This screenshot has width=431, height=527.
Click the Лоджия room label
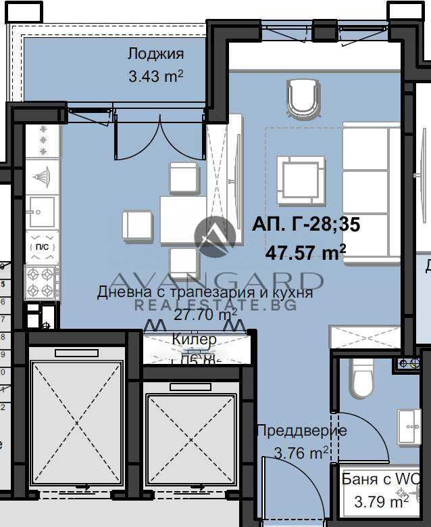tap(155, 54)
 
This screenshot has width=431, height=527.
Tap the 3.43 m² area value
tap(155, 76)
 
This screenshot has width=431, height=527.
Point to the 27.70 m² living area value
tap(205, 315)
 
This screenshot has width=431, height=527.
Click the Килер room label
tap(195, 339)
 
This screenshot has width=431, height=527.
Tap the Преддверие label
tap(301, 430)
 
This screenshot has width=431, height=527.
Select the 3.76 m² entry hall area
tap(302, 453)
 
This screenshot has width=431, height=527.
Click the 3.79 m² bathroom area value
tap(381, 502)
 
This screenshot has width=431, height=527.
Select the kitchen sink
tap(40, 212)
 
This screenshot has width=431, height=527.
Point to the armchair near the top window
tap(302, 98)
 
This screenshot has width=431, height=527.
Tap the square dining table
tap(183, 219)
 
